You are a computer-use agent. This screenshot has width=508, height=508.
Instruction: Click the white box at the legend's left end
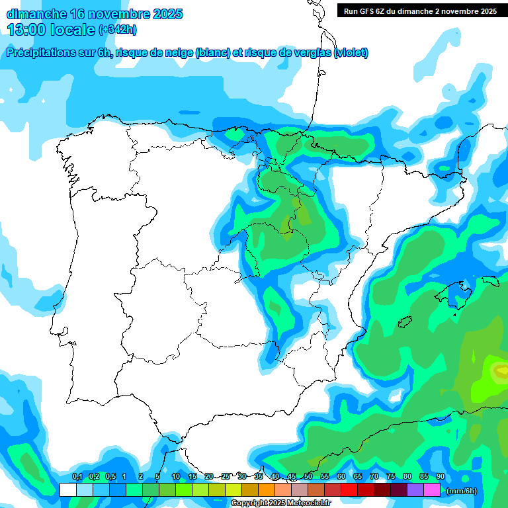tap(67, 490)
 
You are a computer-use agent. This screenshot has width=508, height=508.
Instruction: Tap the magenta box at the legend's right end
tap(431, 490)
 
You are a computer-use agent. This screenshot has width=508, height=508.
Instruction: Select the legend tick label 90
tap(440, 477)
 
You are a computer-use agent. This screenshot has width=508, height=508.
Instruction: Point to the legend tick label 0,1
tap(77, 477)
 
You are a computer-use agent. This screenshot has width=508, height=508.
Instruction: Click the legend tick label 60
tap(341, 477)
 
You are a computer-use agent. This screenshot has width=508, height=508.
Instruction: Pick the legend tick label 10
tap(176, 477)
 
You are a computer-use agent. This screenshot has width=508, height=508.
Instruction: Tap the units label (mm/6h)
tap(461, 491)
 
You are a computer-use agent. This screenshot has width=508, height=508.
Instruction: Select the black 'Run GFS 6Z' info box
tap(420, 11)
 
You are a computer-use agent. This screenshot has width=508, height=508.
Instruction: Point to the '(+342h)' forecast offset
tap(117, 30)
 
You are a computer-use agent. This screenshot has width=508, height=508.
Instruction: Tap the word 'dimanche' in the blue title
tap(36, 14)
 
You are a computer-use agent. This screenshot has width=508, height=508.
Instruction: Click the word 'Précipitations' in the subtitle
tap(42, 53)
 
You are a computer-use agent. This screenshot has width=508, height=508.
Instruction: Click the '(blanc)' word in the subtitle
tap(212, 53)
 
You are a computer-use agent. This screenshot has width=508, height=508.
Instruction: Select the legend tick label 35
tap(259, 477)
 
